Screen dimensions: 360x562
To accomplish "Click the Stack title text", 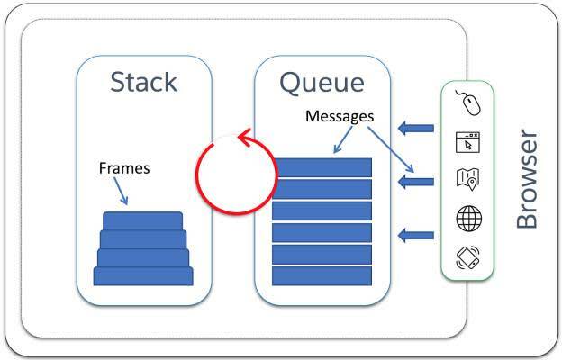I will (x=143, y=82).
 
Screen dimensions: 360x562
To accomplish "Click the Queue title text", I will (x=322, y=82).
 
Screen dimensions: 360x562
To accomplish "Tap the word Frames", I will (x=124, y=168).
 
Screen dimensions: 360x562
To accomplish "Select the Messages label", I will (x=340, y=116).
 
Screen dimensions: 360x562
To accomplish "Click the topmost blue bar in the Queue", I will (x=322, y=167).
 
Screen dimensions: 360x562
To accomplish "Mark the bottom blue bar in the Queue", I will (x=322, y=275).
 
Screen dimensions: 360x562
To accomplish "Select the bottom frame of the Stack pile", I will (x=143, y=275).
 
